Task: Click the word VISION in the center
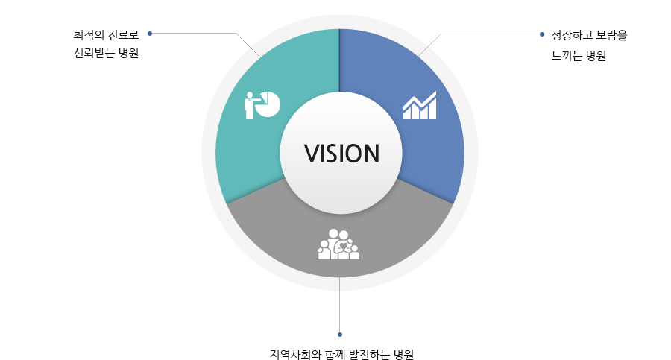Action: click(341, 154)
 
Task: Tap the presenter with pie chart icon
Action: click(262, 105)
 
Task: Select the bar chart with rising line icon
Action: click(420, 105)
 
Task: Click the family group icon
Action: click(338, 244)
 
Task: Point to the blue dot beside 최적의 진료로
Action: click(150, 34)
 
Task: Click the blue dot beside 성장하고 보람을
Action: click(542, 34)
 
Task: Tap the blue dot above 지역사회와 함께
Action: click(340, 335)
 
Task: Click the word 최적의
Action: click(89, 35)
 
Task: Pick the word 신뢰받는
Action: click(94, 53)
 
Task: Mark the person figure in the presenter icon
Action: click(250, 106)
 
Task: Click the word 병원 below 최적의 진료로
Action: click(129, 53)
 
